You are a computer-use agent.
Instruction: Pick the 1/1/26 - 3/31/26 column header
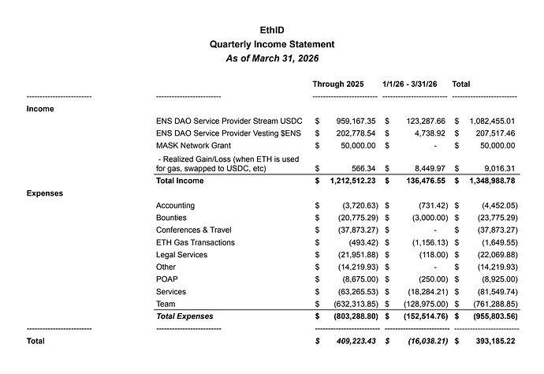pyautogui.click(x=412, y=83)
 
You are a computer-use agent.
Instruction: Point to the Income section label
pyautogui.click(x=40, y=109)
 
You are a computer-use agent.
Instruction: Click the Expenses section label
pyautogui.click(x=46, y=193)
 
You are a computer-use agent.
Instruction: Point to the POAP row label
pyautogui.click(x=167, y=279)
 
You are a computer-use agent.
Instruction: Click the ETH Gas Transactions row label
pyautogui.click(x=195, y=242)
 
